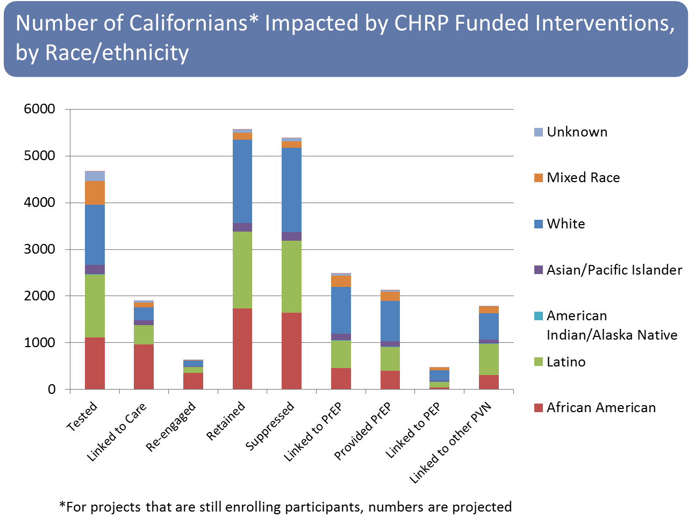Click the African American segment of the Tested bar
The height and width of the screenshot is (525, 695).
95,363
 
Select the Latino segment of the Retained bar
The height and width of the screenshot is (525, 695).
242,270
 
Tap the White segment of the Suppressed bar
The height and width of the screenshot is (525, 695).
291,190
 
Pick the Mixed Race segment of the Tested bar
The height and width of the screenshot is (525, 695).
95,193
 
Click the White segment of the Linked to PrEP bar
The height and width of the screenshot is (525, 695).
341,310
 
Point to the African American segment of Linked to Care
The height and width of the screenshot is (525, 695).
144,366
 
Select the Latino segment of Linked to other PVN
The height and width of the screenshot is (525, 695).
489,359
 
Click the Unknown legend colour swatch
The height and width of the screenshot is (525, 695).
539,132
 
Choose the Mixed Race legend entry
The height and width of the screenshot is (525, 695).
583,178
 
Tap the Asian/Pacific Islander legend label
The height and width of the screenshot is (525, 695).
614,270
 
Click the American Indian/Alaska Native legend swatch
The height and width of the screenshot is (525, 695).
539,316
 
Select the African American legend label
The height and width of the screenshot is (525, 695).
601,408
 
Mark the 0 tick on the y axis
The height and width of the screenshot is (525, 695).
52,390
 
